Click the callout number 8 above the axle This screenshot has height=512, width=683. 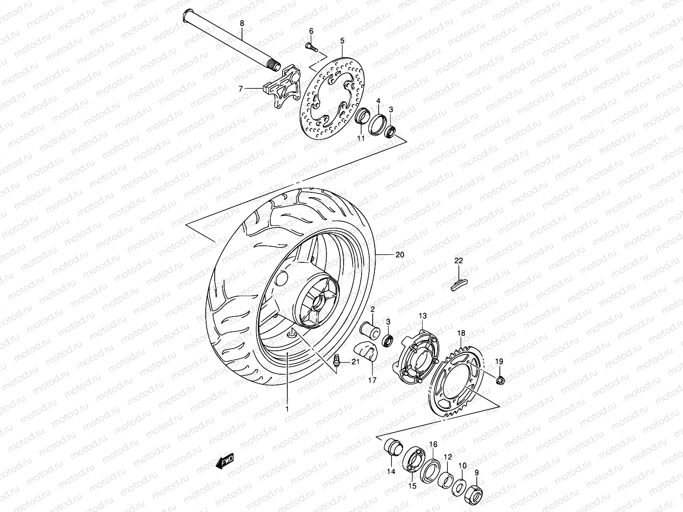pos(242,23)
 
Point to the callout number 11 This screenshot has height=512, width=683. pos(361,139)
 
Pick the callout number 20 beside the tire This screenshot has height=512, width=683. pos(400,255)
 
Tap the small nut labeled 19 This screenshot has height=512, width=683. pos(501,379)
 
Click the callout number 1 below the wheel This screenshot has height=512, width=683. pos(287,409)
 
